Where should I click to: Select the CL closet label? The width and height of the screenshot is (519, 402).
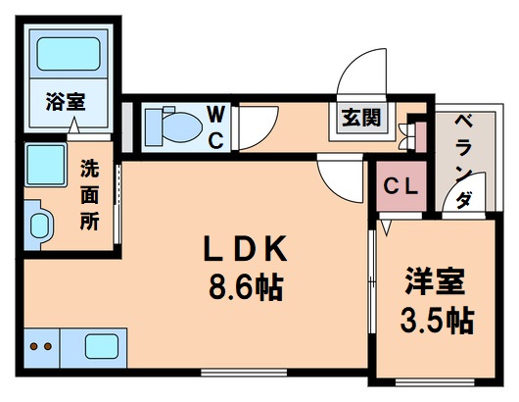coord(400,184)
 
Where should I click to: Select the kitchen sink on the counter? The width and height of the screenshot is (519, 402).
coord(101,347)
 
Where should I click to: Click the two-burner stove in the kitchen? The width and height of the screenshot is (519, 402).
coord(41,347)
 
